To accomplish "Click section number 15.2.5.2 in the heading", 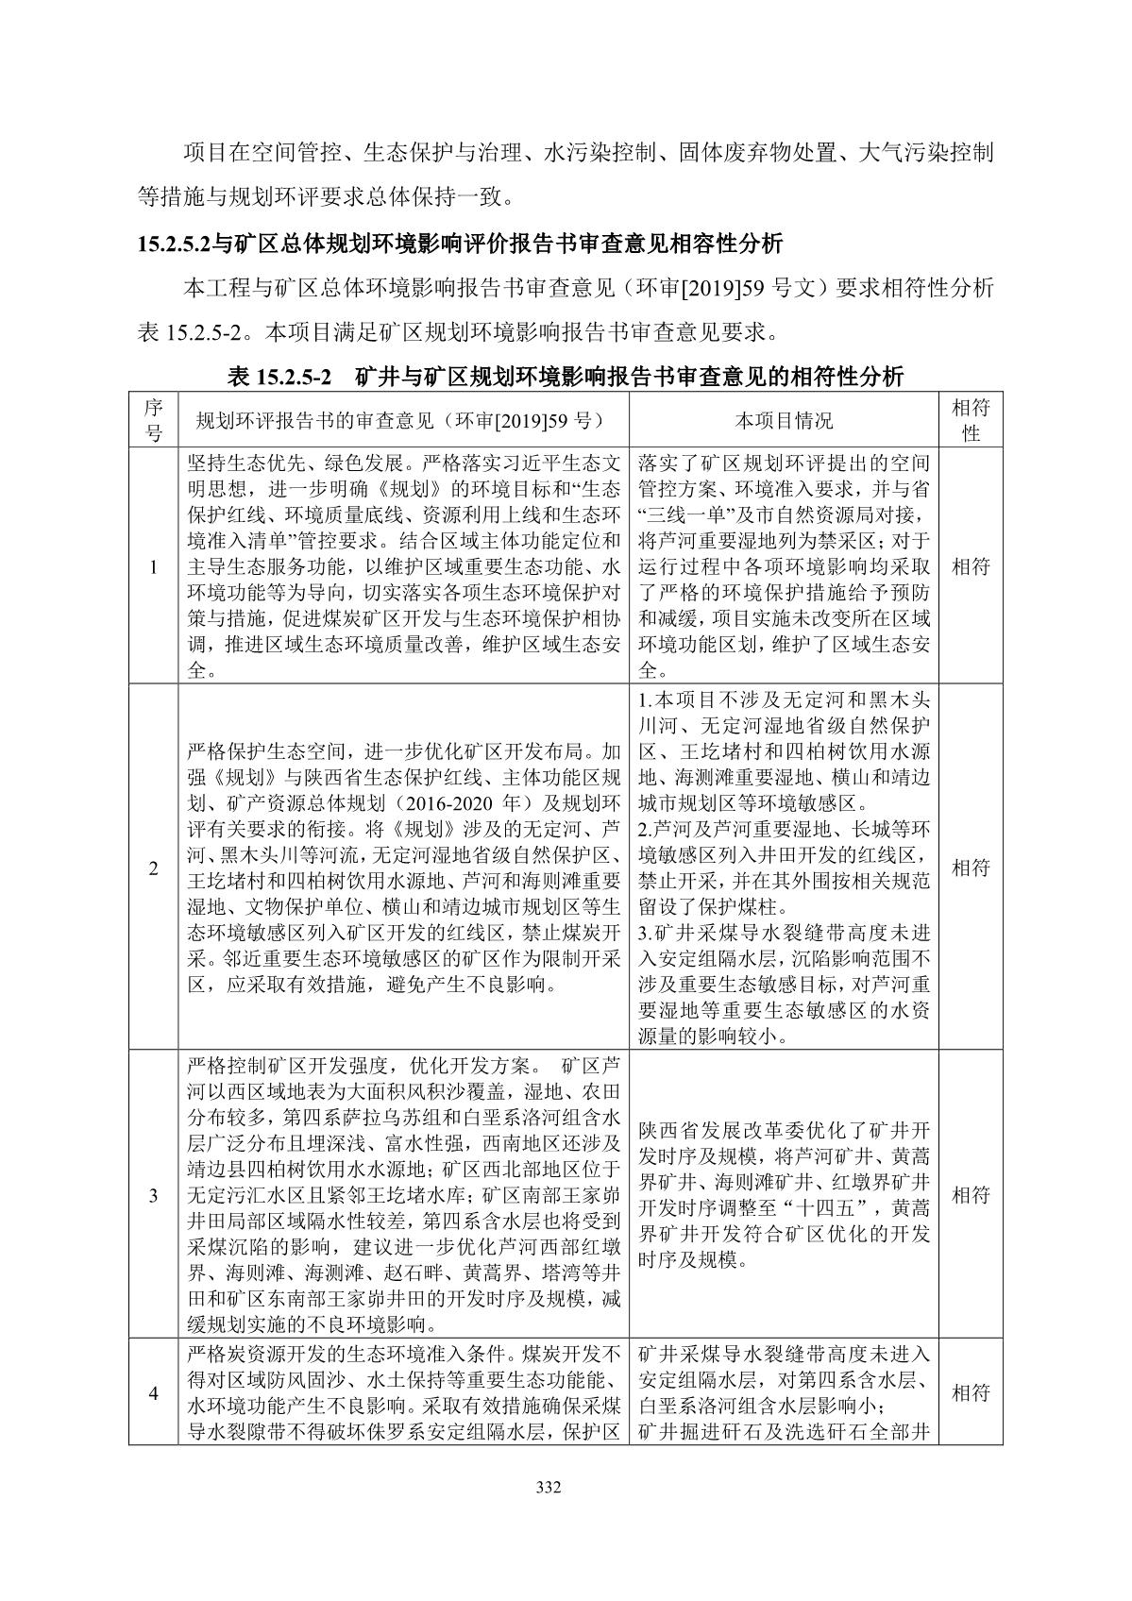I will pos(174,244).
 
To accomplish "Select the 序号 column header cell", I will pos(154,420).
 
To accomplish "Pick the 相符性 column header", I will pos(971,420).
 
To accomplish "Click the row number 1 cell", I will pos(154,566).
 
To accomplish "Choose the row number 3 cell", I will pos(154,1195).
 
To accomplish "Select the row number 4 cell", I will pos(154,1392).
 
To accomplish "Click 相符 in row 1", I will pos(971,566).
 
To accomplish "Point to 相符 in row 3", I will pos(971,1195).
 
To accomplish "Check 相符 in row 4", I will pos(971,1392).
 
